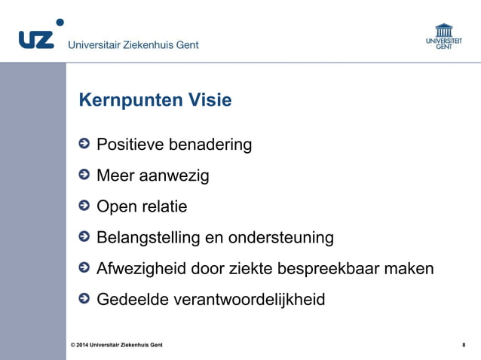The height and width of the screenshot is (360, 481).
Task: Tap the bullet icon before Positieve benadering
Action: point(84,144)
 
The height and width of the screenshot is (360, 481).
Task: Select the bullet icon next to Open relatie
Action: point(84,206)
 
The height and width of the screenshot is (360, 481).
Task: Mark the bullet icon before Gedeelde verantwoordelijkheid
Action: point(84,299)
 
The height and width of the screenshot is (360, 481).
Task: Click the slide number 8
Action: point(463,345)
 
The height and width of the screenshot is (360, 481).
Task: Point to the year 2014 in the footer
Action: point(83,345)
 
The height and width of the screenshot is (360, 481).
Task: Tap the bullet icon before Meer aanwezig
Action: point(84,175)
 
